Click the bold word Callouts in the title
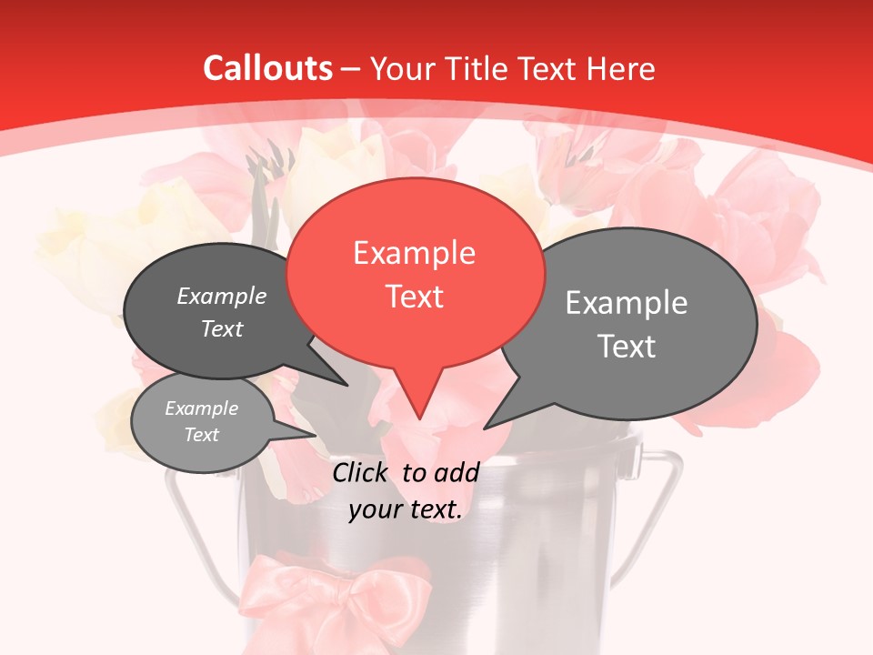click(268, 68)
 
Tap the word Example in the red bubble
click(414, 253)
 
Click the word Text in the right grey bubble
click(626, 347)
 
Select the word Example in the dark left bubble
click(222, 297)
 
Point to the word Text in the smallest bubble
click(202, 435)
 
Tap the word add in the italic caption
click(457, 472)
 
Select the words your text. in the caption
click(406, 509)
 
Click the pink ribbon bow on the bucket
click(336, 591)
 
